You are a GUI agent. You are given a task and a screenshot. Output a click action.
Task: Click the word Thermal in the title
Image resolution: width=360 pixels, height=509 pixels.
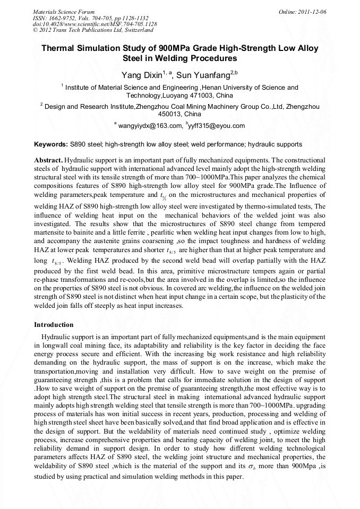pyautogui.click(x=59, y=48)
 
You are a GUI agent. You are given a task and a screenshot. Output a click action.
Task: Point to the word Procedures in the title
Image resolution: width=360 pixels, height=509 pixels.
pyautogui.click(x=215, y=58)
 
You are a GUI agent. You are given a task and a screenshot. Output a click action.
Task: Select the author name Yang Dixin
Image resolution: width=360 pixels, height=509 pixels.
pyautogui.click(x=141, y=75)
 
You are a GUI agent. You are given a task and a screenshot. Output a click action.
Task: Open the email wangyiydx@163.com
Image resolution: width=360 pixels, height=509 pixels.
pyautogui.click(x=150, y=126)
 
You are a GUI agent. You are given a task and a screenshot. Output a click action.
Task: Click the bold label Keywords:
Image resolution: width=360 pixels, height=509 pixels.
pyautogui.click(x=51, y=144)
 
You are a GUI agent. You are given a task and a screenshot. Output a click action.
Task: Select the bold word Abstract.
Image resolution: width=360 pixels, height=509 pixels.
pyautogui.click(x=48, y=160)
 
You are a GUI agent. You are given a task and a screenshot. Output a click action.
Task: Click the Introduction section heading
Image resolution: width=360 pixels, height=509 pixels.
pyautogui.click(x=54, y=324)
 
